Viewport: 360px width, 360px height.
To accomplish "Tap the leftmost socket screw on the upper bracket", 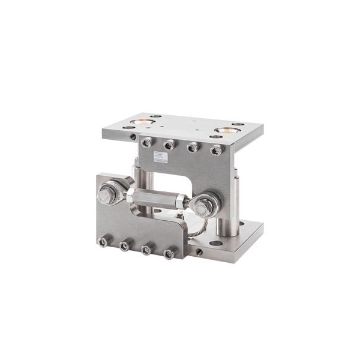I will pyautogui.click(x=146, y=142).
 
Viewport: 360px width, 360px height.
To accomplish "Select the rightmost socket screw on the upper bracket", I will pyautogui.click(x=215, y=149).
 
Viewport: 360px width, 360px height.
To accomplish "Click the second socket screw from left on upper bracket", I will pyautogui.click(x=169, y=144).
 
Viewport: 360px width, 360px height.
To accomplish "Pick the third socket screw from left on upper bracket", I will pyautogui.click(x=193, y=146).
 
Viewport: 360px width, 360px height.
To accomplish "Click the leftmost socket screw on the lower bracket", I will pyautogui.click(x=103, y=241).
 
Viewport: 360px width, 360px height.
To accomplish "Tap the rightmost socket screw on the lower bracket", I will pyautogui.click(x=169, y=254).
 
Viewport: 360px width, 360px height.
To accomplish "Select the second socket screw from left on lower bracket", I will pyautogui.click(x=124, y=245).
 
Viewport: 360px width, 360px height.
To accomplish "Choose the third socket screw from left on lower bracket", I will pyautogui.click(x=146, y=250).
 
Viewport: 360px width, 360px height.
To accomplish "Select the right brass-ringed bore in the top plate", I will pyautogui.click(x=227, y=130).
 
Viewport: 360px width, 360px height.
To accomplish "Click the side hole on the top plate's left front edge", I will pyautogui.click(x=132, y=136).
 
